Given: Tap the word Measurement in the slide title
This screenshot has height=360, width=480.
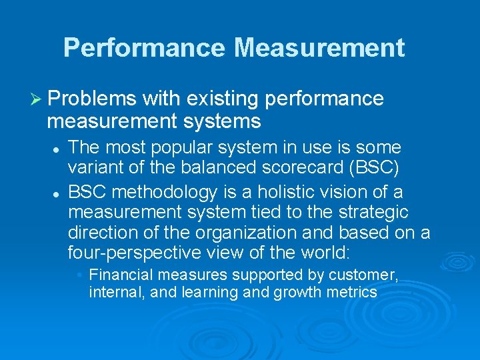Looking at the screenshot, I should coord(319,47).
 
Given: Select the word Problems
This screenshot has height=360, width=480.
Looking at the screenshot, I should coord(93,99).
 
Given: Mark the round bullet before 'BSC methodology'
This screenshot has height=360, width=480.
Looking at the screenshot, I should coord(57,193).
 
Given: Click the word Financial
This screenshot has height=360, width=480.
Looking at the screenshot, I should coord(119,275).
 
